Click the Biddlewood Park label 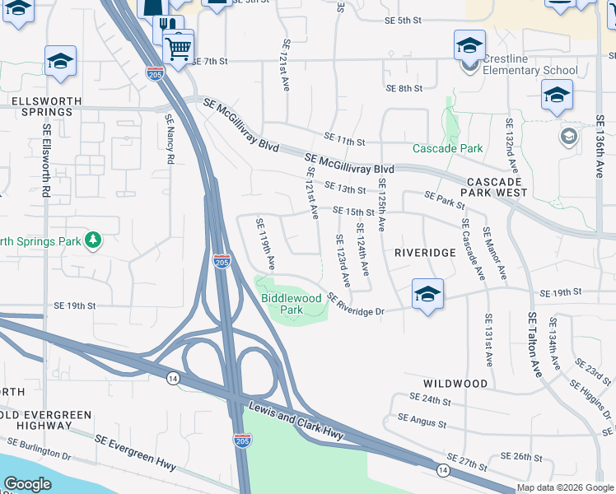point(282,304)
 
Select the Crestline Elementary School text point(531,64)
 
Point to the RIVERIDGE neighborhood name point(425,253)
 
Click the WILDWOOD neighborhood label point(455,384)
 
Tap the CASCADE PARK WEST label point(496,186)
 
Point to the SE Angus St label point(422,422)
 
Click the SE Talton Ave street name point(534,346)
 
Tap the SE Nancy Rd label point(170,139)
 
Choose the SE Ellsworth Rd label point(47,165)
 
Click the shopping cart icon point(178,47)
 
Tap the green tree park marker point(94,240)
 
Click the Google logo point(27,484)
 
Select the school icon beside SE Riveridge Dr point(427,295)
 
